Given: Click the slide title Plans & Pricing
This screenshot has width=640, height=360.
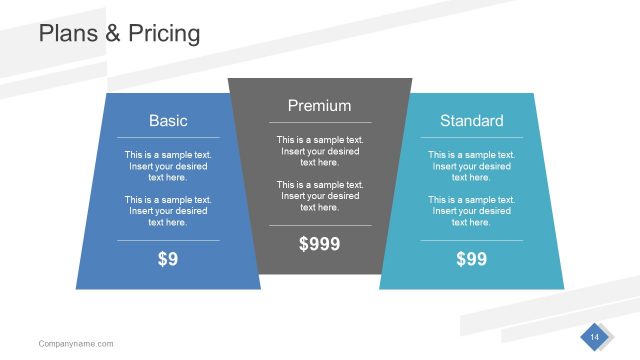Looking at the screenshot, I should [119, 33].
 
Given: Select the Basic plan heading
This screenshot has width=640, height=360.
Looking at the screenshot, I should [168, 120].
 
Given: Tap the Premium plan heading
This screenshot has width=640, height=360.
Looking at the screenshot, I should [319, 105].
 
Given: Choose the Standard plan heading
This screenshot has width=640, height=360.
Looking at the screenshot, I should [471, 120].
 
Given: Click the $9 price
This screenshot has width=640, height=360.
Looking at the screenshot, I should [168, 259].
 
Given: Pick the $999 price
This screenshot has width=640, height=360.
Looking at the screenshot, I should [319, 243].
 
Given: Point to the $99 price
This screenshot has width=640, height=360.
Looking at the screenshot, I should [471, 259].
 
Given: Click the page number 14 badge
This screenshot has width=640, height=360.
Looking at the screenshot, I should [594, 338].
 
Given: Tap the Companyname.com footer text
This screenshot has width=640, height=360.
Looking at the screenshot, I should [76, 344].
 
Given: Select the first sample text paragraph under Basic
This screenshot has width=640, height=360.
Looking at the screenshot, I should [168, 166].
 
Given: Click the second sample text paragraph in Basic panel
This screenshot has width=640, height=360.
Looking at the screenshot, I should [168, 211].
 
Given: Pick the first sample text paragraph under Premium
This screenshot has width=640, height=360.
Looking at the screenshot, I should [319, 151].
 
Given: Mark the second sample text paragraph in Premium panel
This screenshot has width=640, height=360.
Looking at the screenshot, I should [319, 196].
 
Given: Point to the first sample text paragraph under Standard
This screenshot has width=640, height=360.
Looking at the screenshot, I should [471, 166].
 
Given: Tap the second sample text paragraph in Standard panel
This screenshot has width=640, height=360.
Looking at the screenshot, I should [471, 211].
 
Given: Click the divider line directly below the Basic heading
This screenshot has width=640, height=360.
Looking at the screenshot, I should [168, 137].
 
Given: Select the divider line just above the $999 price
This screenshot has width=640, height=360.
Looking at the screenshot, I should [319, 225].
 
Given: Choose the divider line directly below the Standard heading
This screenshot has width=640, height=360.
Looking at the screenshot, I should [471, 137].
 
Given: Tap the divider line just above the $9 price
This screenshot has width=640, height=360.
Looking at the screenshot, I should [168, 240].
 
